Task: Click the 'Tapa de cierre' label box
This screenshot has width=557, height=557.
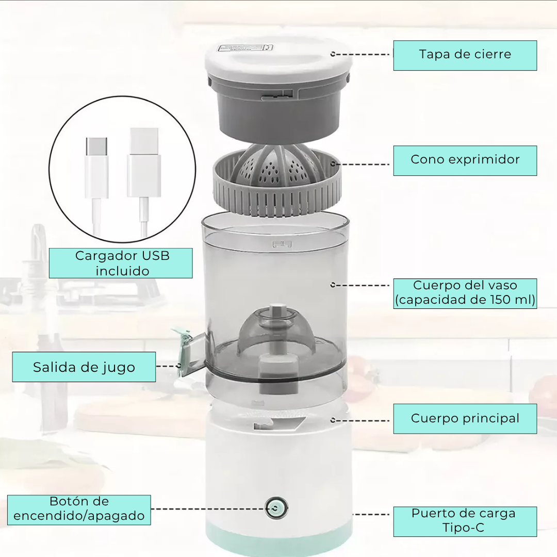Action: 465,55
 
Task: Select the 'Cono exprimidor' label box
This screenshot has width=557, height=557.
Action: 465,160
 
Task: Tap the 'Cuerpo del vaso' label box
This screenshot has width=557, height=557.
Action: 465,293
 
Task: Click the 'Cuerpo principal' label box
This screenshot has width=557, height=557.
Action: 465,419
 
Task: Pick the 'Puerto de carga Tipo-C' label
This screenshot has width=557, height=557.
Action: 465,521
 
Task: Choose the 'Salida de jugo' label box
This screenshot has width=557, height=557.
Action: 84,367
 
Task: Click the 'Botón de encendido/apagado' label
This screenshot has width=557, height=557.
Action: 79,510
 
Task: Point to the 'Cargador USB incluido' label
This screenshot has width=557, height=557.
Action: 121,263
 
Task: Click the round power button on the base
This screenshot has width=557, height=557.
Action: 276,509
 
